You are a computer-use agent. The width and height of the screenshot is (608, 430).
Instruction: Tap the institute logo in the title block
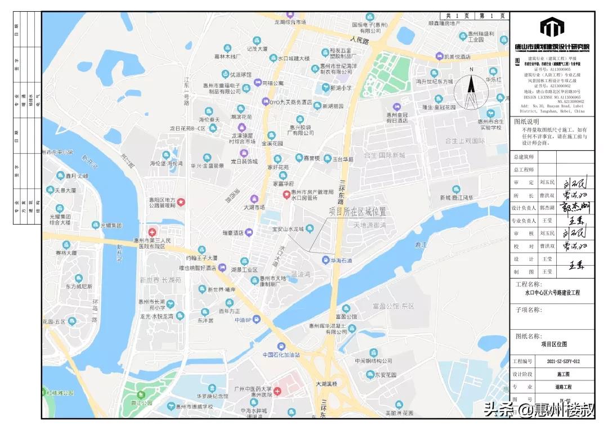click(x=552, y=27)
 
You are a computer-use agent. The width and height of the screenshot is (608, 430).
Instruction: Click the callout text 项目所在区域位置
click(x=358, y=212)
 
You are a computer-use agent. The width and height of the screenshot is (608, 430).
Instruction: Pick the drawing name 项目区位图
click(x=554, y=344)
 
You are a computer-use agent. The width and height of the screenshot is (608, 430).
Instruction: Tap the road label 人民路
click(x=358, y=41)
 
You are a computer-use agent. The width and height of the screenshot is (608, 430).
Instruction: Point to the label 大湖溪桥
click(x=327, y=384)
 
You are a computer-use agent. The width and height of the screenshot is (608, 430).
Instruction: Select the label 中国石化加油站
click(x=281, y=355)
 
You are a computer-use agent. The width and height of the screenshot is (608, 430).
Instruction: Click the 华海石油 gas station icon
click(x=326, y=260)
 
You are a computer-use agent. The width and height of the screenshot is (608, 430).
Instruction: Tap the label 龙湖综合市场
click(x=290, y=22)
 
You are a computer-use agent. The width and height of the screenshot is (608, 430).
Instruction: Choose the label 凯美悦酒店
click(x=457, y=57)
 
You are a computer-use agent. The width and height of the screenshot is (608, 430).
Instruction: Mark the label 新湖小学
click(x=341, y=88)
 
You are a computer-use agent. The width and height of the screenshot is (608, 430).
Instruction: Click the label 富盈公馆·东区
click(x=393, y=306)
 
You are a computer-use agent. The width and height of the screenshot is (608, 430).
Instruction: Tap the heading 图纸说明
click(x=527, y=121)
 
